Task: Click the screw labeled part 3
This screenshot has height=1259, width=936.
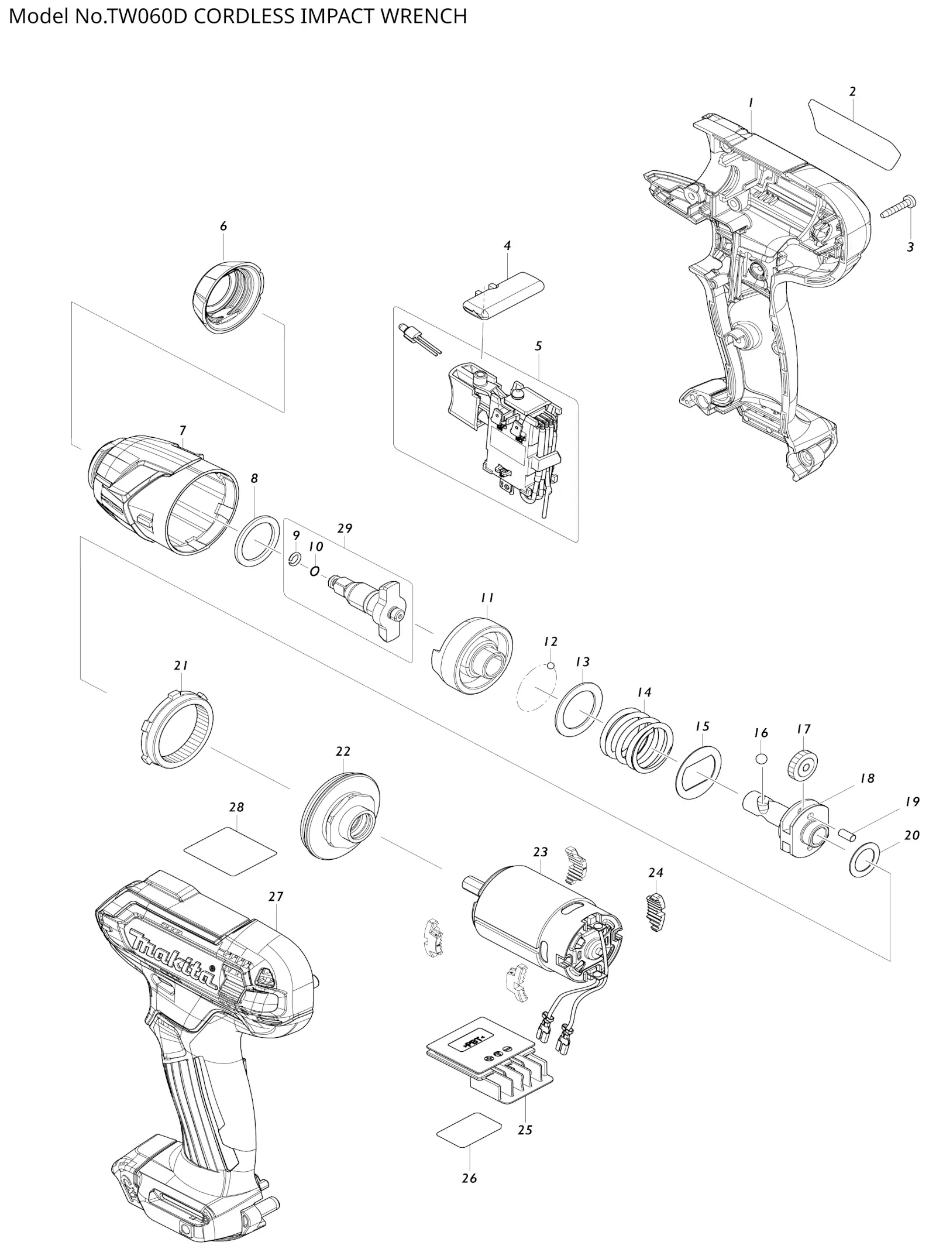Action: (x=899, y=209)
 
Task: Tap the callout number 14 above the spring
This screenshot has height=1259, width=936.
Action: (x=643, y=692)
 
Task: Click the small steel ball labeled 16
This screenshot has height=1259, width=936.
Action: (x=760, y=759)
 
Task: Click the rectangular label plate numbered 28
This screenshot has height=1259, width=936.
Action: (x=230, y=850)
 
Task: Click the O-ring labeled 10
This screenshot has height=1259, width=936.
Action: (x=315, y=571)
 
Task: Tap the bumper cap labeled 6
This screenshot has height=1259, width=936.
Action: (x=228, y=297)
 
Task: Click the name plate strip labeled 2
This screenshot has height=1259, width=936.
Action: (x=854, y=135)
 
